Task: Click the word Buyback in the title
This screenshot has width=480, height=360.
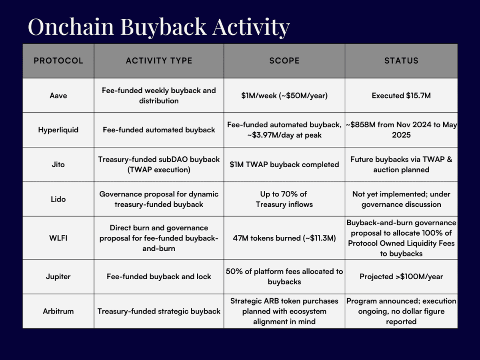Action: click(163, 27)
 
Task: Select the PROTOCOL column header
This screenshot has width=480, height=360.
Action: click(58, 60)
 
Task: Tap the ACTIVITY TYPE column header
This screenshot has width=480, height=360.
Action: click(159, 60)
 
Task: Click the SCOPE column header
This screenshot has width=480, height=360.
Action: click(284, 60)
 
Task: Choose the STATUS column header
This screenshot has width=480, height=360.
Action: click(401, 60)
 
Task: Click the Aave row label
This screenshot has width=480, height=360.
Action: click(58, 96)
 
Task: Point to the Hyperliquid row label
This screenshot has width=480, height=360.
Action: click(58, 130)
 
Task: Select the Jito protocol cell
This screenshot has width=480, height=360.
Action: click(58, 164)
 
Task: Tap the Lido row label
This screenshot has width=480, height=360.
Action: click(58, 199)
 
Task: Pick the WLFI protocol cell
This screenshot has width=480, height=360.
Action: click(58, 238)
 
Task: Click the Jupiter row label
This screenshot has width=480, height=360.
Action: click(58, 277)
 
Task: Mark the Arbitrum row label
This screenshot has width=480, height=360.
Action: click(58, 311)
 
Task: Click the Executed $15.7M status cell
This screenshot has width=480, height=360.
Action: click(401, 96)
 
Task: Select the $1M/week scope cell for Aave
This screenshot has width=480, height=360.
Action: click(284, 96)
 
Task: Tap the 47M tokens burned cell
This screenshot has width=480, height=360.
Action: click(284, 238)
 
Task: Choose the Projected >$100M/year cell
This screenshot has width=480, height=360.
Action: click(401, 277)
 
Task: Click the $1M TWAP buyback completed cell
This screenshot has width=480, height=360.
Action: click(284, 164)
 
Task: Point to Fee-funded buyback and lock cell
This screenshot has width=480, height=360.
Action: click(159, 277)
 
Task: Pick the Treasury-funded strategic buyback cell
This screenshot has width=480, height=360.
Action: click(159, 311)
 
